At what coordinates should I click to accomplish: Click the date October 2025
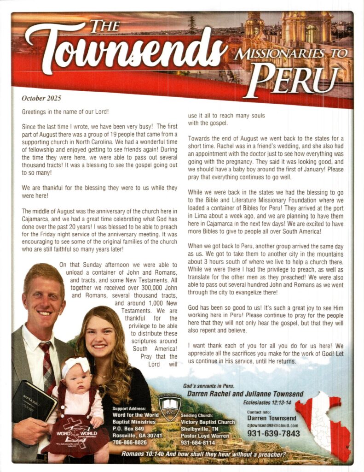(x=41, y=98)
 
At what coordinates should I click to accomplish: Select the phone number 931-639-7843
(x=273, y=433)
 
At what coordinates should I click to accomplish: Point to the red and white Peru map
(x=324, y=425)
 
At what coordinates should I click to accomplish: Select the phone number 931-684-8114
(x=199, y=442)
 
